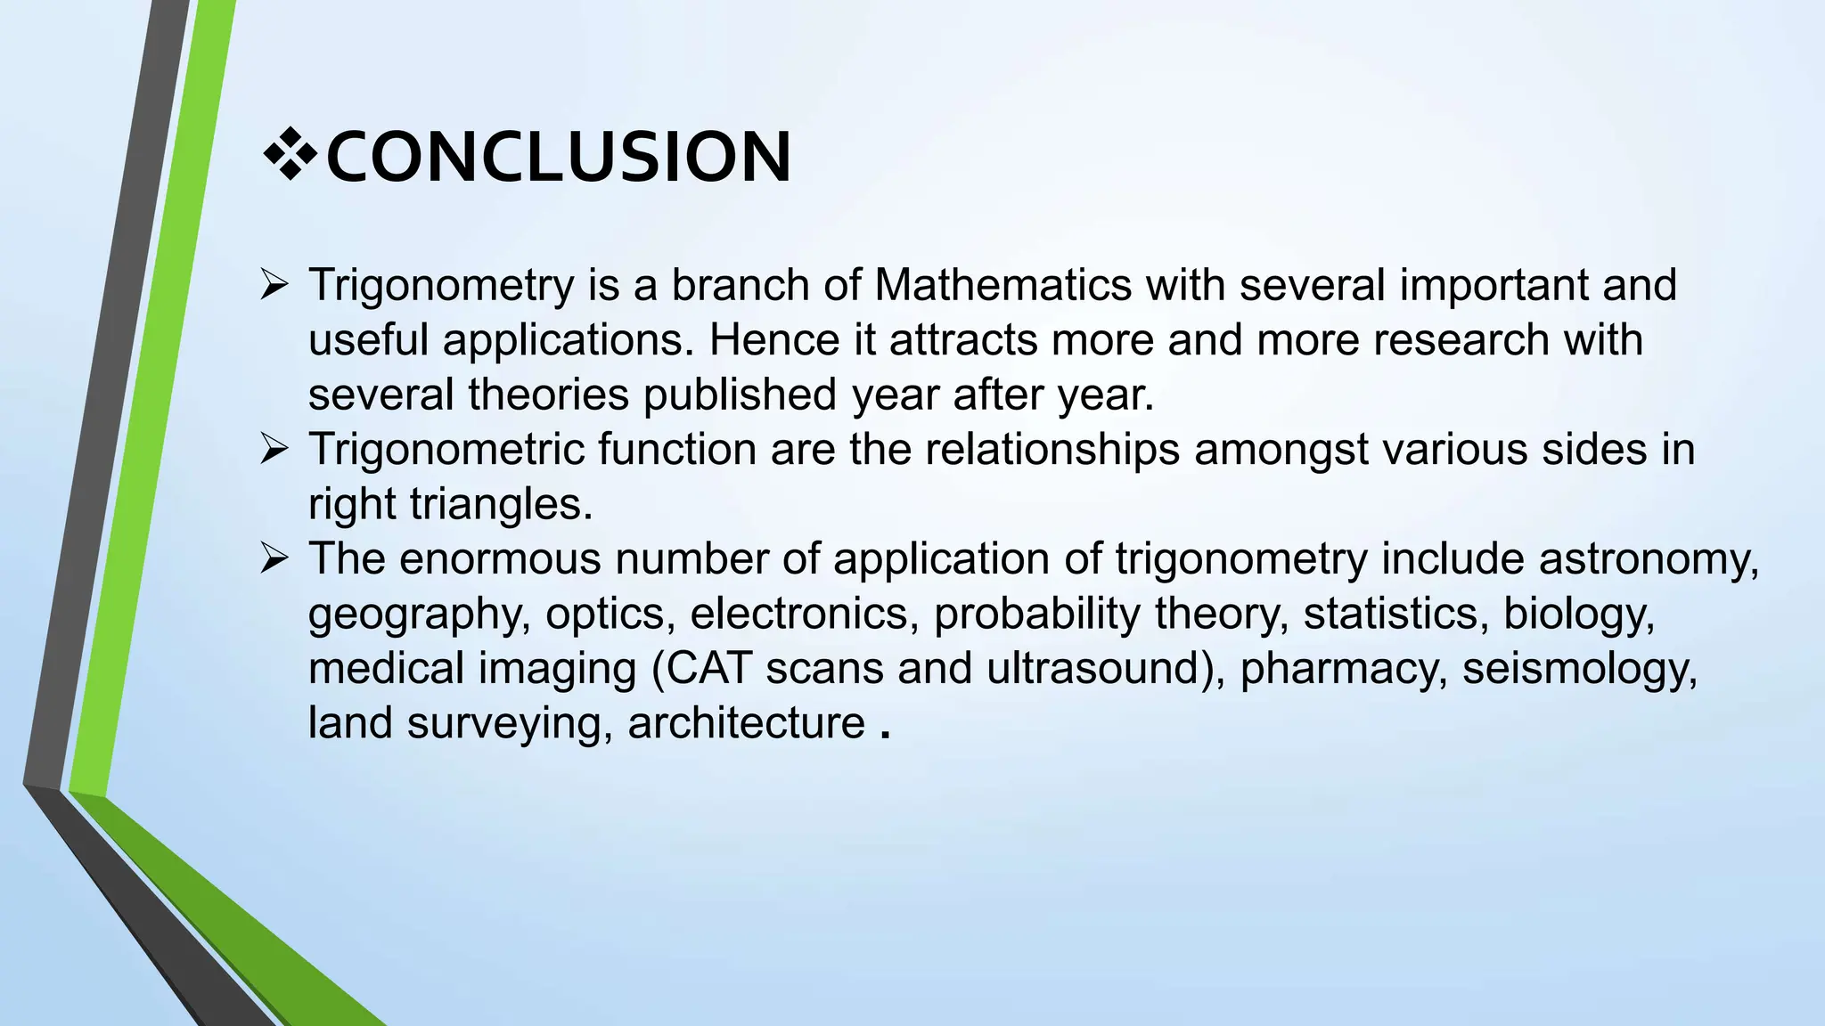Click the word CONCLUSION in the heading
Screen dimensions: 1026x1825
559,158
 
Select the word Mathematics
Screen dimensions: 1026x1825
1003,285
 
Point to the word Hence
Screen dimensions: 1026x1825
773,340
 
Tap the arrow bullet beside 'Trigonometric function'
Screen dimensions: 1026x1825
274,449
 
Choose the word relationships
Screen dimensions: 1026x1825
1052,450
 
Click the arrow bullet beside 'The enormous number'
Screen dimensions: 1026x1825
274,559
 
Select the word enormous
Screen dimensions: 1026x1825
499,559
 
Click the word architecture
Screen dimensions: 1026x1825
746,722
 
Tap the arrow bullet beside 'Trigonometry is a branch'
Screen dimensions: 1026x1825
274,285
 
